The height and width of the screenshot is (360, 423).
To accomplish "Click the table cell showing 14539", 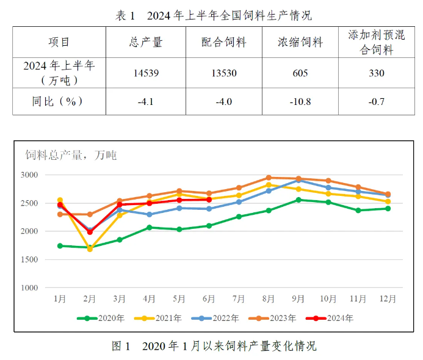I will (x=146, y=73).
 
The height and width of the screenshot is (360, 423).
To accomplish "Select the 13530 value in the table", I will (x=223, y=73).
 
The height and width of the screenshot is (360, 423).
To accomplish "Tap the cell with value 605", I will (x=300, y=73).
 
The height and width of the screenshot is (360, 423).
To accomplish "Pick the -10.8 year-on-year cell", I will (x=300, y=101).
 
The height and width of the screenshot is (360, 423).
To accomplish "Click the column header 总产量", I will (x=146, y=42).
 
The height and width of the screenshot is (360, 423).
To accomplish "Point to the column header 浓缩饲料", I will (x=300, y=42).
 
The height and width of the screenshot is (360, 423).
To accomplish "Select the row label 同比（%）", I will (x=59, y=101).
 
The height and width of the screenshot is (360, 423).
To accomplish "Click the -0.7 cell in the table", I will (x=377, y=101).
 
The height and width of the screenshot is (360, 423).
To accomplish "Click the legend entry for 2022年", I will (x=218, y=318).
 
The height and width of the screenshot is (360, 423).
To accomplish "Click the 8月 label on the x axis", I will (x=269, y=299).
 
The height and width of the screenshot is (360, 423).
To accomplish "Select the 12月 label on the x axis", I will (x=388, y=299).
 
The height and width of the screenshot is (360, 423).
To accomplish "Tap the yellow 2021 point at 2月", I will (x=90, y=249).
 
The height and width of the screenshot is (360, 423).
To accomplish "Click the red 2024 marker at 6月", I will (x=209, y=200).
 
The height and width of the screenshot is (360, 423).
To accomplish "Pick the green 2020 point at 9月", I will (x=298, y=200).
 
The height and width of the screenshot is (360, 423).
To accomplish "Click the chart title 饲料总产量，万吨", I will (x=71, y=156).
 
